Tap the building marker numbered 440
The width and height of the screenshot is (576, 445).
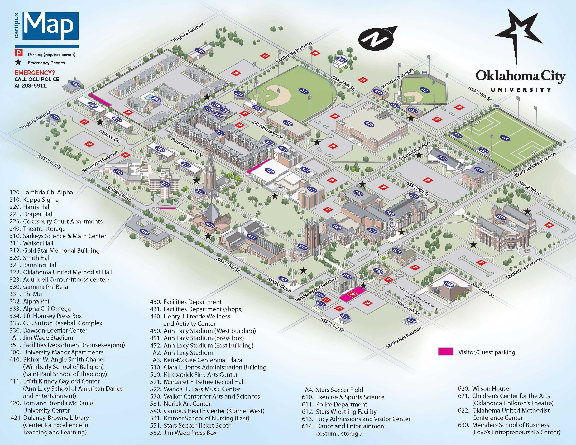(x=369, y=124)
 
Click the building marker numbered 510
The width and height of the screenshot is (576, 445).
(x=303, y=247)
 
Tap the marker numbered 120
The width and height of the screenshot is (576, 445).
(x=76, y=85)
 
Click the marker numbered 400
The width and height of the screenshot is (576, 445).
(x=145, y=232)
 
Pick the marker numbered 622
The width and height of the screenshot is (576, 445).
(x=449, y=284)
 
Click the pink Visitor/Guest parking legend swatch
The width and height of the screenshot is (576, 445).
(x=445, y=352)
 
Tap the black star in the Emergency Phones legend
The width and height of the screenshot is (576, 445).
(x=18, y=62)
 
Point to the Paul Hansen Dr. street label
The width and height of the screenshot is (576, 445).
(x=186, y=147)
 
